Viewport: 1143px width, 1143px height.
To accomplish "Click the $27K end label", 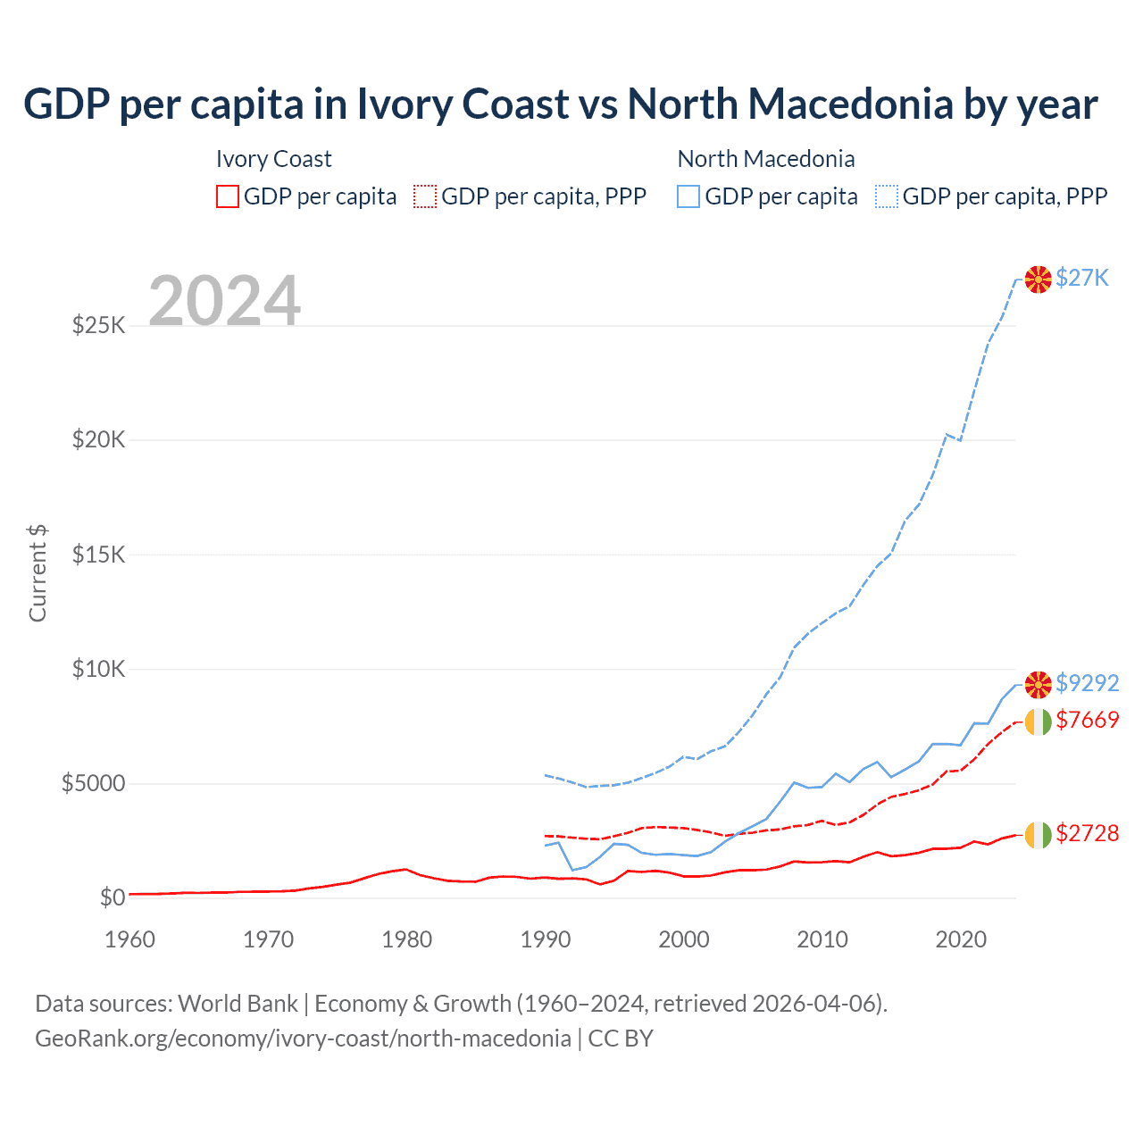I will (x=1081, y=278).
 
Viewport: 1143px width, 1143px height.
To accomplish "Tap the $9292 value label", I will (x=1087, y=683).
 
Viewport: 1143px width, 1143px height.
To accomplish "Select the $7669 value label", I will (x=1087, y=720).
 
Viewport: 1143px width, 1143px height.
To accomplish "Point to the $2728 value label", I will (x=1087, y=833).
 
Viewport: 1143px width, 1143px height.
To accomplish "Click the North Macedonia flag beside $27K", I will (x=1038, y=279).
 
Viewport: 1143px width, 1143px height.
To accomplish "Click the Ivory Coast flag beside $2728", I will (x=1038, y=835).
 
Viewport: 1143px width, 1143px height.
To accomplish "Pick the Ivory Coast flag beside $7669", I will (x=1038, y=722).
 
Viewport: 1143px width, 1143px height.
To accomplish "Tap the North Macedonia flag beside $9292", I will (x=1038, y=685).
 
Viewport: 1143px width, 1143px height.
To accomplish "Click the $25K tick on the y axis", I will (x=98, y=325).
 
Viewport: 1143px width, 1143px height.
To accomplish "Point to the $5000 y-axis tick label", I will (x=93, y=784).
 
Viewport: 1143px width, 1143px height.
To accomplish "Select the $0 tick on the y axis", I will (x=112, y=897).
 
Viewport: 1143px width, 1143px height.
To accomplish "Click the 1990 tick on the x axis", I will (x=545, y=939).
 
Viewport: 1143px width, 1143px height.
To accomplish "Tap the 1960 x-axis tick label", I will (x=130, y=939).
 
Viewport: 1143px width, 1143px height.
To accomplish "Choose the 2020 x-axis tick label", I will (x=961, y=939).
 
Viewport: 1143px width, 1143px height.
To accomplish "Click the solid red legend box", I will (x=228, y=196).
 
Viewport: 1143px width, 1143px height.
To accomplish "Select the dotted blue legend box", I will (x=887, y=196).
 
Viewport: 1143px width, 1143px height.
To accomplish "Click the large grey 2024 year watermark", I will (x=224, y=301).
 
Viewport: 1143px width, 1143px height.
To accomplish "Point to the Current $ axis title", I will (x=38, y=572).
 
